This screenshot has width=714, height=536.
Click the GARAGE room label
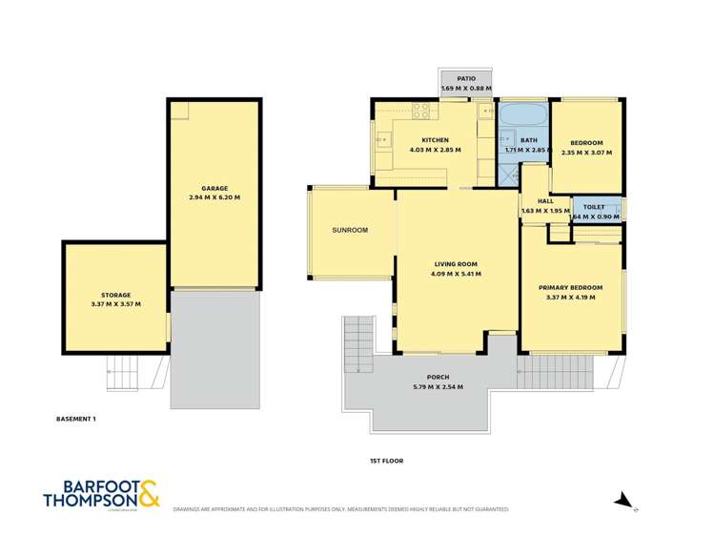click(x=214, y=188)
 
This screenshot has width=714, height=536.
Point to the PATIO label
click(x=466, y=79)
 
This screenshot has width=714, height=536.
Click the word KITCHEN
click(x=435, y=140)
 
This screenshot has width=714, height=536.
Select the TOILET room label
click(x=594, y=206)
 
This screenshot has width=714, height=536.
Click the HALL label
click(x=545, y=201)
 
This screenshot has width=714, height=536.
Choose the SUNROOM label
click(x=350, y=230)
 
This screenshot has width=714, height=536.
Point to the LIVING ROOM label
click(x=457, y=264)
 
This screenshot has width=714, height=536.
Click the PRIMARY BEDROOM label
click(x=570, y=287)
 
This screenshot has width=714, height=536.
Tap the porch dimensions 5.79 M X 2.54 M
click(x=438, y=386)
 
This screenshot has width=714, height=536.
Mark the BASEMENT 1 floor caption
click(x=75, y=418)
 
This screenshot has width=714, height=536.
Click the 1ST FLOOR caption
click(x=386, y=461)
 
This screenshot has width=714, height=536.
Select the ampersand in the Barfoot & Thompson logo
click(x=150, y=493)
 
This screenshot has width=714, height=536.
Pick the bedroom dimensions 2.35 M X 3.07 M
click(x=586, y=152)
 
